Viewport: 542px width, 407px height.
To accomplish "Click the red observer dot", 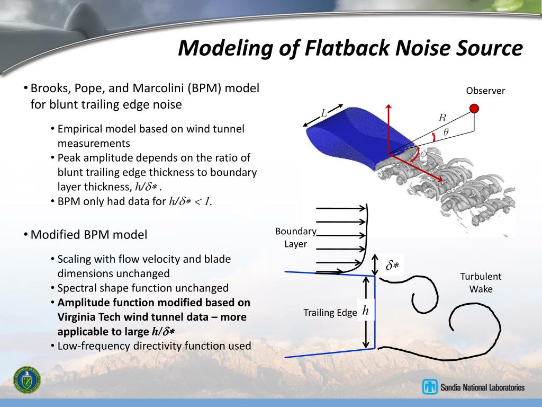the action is pyautogui.click(x=474, y=109).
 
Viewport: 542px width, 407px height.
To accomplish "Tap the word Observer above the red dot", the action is pyautogui.click(x=485, y=91).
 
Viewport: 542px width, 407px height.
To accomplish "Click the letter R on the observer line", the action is pyautogui.click(x=442, y=118).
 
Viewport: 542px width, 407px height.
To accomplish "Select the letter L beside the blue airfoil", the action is pyautogui.click(x=324, y=112).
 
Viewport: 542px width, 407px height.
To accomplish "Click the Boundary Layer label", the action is pyautogui.click(x=295, y=237).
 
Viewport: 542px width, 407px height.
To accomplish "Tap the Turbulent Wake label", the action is pyautogui.click(x=480, y=282).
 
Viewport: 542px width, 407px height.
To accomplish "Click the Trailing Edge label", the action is pyautogui.click(x=330, y=313).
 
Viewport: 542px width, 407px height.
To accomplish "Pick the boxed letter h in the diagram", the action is pyautogui.click(x=366, y=311).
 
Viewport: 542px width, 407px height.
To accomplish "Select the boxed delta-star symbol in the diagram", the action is pyautogui.click(x=392, y=266).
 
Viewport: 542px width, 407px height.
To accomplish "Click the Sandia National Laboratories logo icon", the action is pyautogui.click(x=430, y=387).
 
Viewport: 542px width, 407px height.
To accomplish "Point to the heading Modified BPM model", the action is pyautogui.click(x=88, y=234).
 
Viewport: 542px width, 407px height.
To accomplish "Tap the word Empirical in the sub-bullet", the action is pyautogui.click(x=80, y=129).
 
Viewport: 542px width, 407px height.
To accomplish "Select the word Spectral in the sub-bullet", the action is pyautogui.click(x=76, y=288).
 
